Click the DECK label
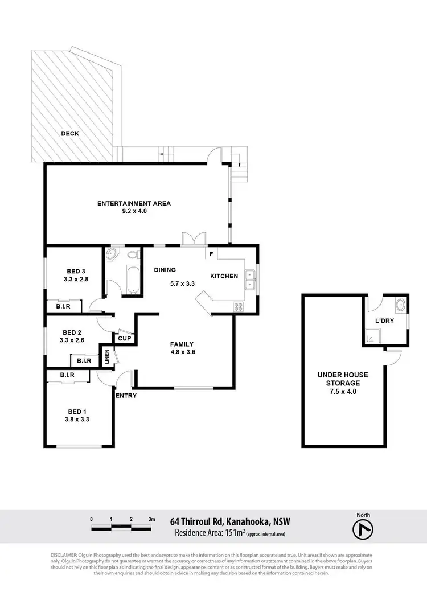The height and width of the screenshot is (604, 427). [x=71, y=134]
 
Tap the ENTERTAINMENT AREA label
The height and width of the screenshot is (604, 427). [x=134, y=203]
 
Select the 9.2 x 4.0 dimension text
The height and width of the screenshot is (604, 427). [x=134, y=211]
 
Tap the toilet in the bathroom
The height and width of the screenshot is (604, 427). [x=134, y=256]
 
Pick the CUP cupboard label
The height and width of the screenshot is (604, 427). [x=124, y=339]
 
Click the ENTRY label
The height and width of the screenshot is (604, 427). [x=126, y=395]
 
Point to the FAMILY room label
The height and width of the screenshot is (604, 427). [x=182, y=344]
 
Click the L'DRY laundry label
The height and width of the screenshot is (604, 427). [x=385, y=321]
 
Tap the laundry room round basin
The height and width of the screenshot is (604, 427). [x=401, y=305]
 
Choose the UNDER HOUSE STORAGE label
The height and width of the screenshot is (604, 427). [x=343, y=379]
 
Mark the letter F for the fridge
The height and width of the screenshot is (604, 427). [x=211, y=254]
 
